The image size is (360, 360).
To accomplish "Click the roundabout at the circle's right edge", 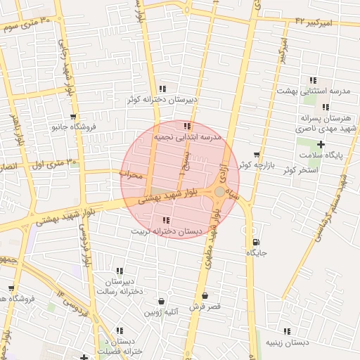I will click(220, 191).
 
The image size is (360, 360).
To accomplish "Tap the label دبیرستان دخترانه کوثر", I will click(162, 100).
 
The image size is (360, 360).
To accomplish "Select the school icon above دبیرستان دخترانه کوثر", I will click(162, 89).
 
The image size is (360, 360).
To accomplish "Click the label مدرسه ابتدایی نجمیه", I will click(187, 137).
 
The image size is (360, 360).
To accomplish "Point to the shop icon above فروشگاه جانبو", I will click(73, 117).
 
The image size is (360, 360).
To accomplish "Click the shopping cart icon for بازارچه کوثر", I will click(257, 154).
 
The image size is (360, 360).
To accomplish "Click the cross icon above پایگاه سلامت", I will click(321, 143).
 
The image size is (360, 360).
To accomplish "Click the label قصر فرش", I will click(205, 307).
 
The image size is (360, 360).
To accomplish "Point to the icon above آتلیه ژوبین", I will click(162, 300).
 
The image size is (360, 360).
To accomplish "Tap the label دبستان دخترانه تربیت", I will click(167, 231).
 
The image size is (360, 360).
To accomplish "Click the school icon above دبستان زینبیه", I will click(286, 331).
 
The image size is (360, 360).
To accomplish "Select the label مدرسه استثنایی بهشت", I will click(313, 91).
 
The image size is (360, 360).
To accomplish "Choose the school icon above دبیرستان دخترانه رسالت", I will click(120, 271).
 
